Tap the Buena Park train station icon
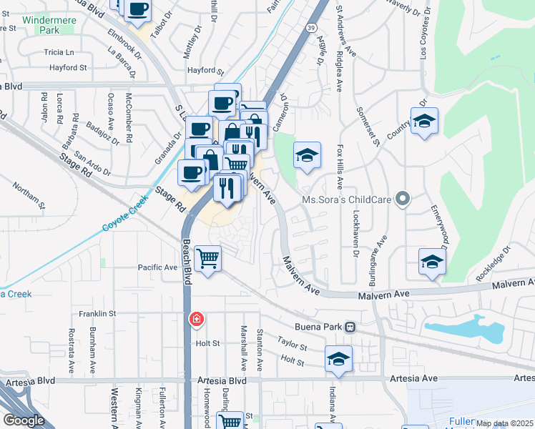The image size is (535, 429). tap(350, 327)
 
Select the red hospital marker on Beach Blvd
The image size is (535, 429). tap(195, 319)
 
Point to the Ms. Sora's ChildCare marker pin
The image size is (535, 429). tap(403, 199)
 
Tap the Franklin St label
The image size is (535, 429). tap(97, 313)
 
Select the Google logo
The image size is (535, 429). tap(24, 420)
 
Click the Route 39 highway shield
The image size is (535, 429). tap(308, 26)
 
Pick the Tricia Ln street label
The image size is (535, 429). tap(59, 53)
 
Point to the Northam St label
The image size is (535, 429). tap(28, 195)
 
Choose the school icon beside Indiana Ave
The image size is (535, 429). tap(338, 359)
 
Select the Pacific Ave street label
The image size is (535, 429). tap(157, 267)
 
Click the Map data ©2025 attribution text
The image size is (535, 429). tap(504, 423)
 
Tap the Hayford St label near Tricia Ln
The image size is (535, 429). tap(68, 68)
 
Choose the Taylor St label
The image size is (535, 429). tap(292, 346)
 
